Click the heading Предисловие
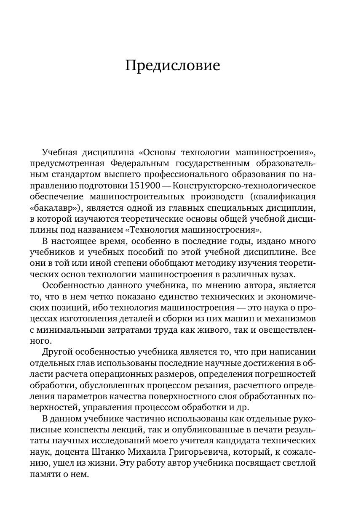173,66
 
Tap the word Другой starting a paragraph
58,352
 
